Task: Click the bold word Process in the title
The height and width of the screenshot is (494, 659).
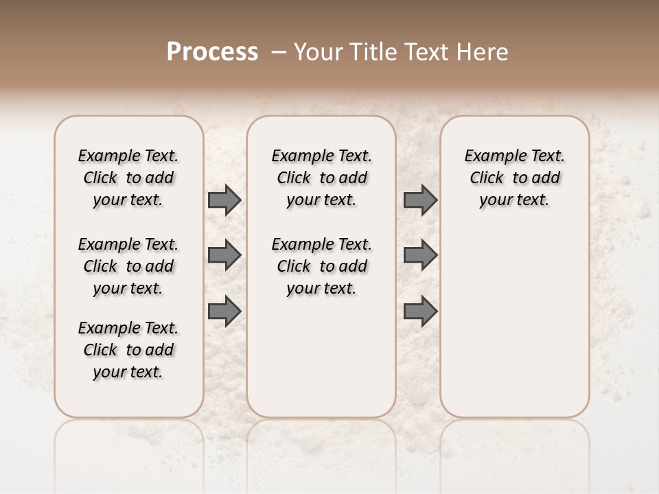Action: click(212, 52)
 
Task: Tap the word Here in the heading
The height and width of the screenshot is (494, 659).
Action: click(485, 52)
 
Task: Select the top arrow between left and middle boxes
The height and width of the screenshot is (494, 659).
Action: click(224, 200)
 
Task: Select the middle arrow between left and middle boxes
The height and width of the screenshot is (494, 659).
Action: click(224, 255)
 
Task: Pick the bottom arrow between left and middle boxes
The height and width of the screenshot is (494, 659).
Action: click(224, 311)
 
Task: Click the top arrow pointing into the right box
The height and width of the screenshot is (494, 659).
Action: click(420, 200)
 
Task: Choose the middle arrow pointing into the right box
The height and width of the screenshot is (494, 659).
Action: click(420, 255)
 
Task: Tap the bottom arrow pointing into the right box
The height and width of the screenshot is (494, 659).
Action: click(420, 311)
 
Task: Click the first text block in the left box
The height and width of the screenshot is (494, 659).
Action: click(128, 178)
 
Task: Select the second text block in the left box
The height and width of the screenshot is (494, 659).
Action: click(128, 266)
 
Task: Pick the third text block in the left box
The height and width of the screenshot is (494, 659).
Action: click(128, 350)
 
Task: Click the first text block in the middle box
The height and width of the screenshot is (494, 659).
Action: click(321, 178)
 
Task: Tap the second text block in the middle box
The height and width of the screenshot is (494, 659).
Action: click(321, 266)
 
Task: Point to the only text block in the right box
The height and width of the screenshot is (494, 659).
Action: click(515, 178)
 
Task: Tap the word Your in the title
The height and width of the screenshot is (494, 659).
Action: click(318, 52)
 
